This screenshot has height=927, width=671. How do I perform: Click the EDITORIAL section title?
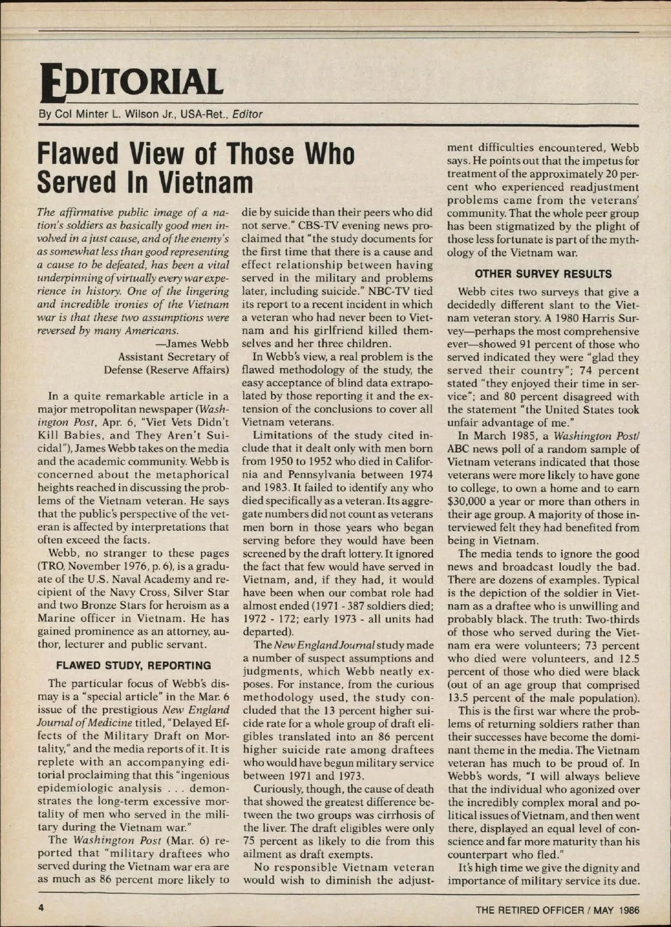click(x=130, y=81)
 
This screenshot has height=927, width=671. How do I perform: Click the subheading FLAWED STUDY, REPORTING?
click(x=134, y=666)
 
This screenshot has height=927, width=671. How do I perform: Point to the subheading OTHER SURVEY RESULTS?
click(x=543, y=274)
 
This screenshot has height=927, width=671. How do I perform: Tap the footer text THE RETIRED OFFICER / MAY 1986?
click(x=557, y=910)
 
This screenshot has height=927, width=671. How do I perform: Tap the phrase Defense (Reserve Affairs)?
click(x=167, y=370)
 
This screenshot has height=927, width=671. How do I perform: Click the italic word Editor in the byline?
click(x=247, y=115)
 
